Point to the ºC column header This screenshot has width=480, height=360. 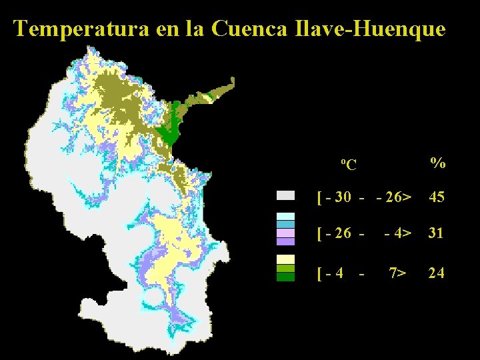(347, 164)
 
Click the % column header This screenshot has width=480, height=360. (438, 162)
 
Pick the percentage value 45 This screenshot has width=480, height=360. (437, 197)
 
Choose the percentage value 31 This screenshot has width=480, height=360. (437, 233)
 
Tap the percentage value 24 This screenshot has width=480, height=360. (437, 273)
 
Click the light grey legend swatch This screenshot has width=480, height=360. (286, 195)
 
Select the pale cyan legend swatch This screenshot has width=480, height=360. (286, 216)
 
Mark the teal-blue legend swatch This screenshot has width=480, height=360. (286, 224)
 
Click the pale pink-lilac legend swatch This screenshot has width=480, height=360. (286, 233)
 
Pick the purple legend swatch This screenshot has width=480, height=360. (286, 241)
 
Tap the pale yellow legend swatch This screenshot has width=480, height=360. (286, 259)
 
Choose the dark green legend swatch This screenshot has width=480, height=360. (286, 277)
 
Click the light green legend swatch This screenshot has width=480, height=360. (286, 268)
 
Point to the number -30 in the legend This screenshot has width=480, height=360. (340, 197)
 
